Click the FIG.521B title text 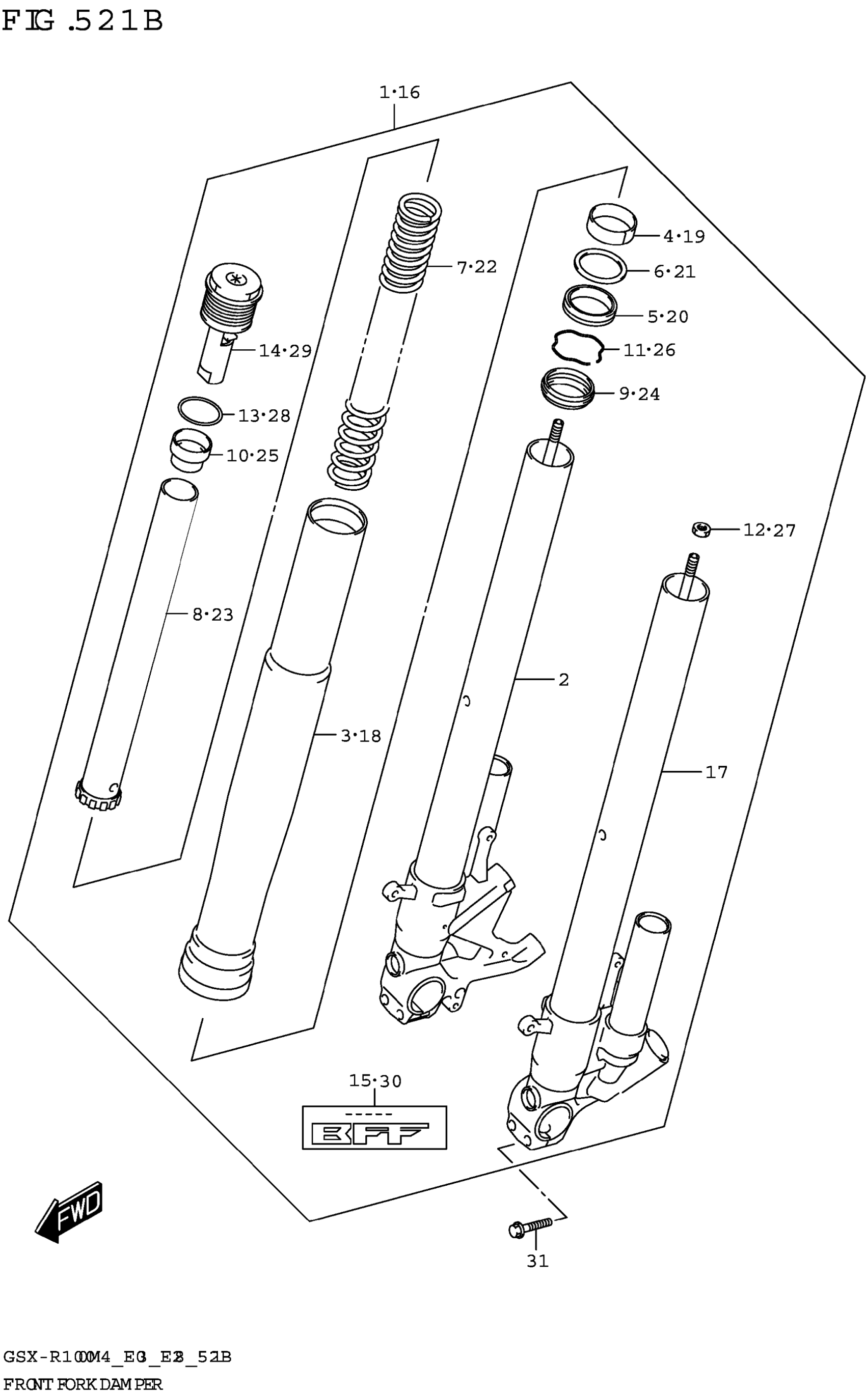(83, 22)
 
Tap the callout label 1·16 (399, 92)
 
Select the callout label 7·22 (476, 267)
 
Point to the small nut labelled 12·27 (701, 529)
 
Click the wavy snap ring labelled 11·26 (577, 347)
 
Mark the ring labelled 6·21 (600, 266)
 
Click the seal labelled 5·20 (589, 305)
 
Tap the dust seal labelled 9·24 (567, 388)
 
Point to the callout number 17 (716, 772)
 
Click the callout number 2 (563, 679)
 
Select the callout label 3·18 (361, 735)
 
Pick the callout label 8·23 (212, 615)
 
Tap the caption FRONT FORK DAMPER (83, 1384)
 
